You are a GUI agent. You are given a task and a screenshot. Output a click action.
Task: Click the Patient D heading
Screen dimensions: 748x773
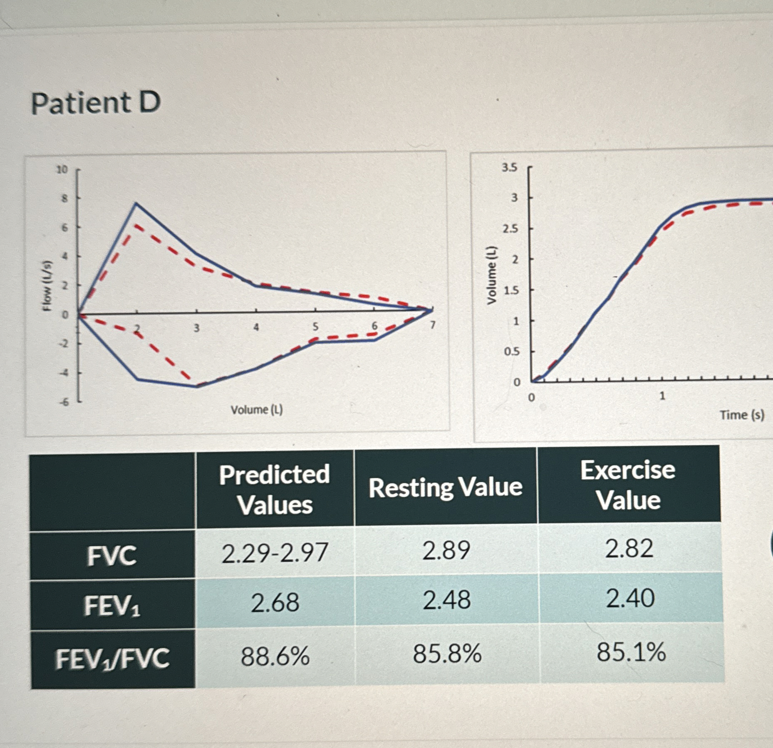click(x=96, y=103)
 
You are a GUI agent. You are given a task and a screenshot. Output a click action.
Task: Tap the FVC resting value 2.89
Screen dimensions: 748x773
click(x=446, y=550)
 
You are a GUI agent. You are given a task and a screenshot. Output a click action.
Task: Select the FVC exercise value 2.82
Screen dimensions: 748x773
click(x=629, y=548)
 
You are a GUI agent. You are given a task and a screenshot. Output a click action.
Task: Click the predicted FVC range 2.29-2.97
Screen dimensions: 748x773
click(x=275, y=553)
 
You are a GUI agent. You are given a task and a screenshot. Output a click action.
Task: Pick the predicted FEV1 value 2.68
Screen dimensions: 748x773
click(x=275, y=602)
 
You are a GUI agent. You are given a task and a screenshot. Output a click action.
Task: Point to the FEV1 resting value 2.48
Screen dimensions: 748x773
click(x=447, y=600)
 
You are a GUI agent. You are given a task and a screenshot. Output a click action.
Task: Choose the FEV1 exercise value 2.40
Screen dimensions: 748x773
click(x=630, y=599)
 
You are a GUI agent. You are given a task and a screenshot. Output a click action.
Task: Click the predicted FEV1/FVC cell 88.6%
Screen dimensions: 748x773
click(x=275, y=656)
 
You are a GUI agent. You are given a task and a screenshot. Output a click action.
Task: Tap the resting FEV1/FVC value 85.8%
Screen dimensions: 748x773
click(x=447, y=654)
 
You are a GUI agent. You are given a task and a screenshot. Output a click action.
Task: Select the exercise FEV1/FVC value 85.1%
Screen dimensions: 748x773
click(x=631, y=652)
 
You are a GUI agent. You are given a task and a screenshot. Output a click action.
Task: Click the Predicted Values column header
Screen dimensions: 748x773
click(x=275, y=489)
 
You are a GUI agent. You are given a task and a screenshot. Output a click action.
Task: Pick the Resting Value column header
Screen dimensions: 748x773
click(x=445, y=487)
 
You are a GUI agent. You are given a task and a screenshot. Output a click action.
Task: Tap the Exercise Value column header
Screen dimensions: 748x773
click(x=628, y=485)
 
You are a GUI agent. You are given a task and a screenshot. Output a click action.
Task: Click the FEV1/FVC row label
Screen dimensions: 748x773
click(x=112, y=659)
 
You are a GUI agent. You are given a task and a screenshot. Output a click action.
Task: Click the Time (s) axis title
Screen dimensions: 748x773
click(x=742, y=415)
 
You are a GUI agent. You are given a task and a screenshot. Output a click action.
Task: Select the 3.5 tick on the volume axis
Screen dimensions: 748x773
click(x=510, y=168)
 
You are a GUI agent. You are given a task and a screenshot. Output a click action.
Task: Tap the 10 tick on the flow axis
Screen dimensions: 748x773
click(x=62, y=169)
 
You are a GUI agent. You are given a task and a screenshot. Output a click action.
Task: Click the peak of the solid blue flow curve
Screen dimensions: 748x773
click(x=136, y=203)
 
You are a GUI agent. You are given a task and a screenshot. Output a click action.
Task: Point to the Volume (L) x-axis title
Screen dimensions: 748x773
click(x=257, y=410)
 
